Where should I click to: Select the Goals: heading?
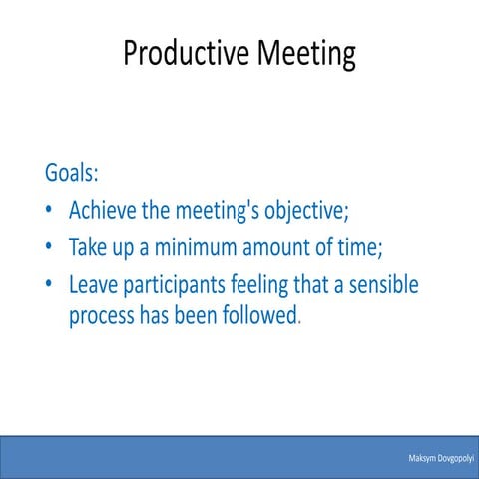pos(72,172)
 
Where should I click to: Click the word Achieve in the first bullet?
pos(103,212)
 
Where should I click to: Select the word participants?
pos(172,285)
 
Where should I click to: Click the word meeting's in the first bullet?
pos(212,212)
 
